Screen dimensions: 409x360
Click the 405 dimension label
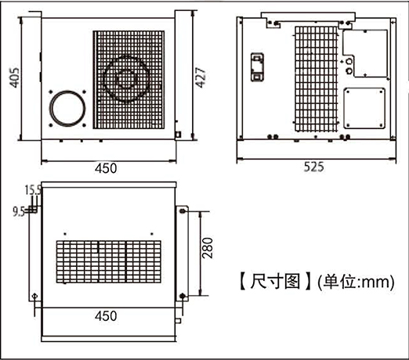click(15, 77)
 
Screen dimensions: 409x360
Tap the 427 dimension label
click(201, 77)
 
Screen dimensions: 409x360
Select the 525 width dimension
click(314, 167)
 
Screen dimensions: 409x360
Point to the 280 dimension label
click(208, 248)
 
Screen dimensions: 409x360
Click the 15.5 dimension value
click(33, 190)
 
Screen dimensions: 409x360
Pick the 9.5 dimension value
click(19, 212)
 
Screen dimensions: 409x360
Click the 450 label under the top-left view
click(106, 168)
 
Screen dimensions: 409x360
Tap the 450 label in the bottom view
click(106, 316)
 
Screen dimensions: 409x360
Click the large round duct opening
click(67, 92)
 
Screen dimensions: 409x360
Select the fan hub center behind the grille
click(126, 79)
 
